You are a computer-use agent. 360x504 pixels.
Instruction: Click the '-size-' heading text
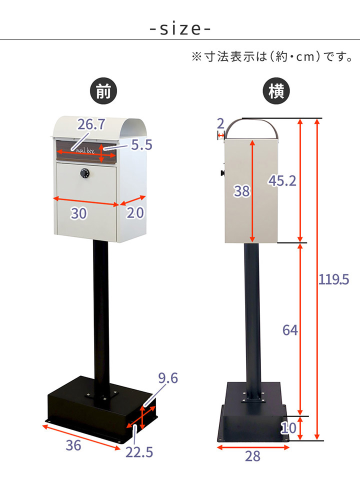coord(180,29)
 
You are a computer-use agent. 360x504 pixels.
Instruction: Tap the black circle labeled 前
coord(103,92)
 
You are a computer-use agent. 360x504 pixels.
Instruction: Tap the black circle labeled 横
coord(276,92)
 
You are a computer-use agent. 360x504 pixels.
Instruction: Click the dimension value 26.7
coord(90,125)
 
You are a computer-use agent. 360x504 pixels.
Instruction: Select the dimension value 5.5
coord(141,145)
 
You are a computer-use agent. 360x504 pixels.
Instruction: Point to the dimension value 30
coord(78,213)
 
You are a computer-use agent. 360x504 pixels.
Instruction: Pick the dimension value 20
coord(134,213)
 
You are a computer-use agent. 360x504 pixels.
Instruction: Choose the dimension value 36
coord(73,446)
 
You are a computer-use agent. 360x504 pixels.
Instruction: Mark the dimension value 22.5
coord(139,452)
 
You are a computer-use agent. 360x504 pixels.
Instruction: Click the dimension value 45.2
coord(282,180)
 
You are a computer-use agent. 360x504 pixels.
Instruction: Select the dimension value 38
coord(241,191)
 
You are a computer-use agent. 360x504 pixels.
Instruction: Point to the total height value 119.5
coord(334,279)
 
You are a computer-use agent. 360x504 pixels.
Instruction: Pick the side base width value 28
coord(253,456)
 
